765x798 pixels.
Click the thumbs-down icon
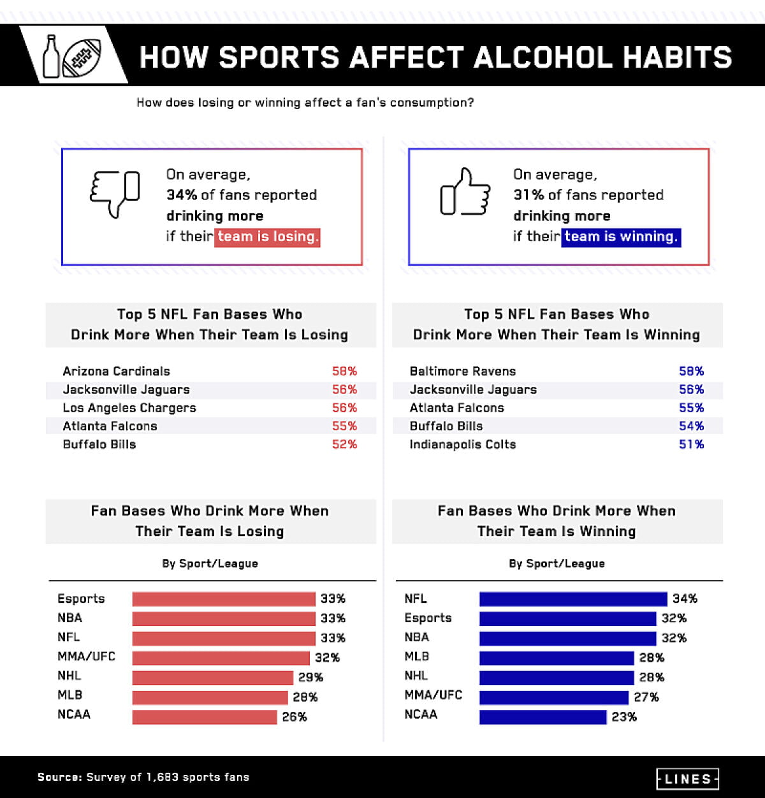click(x=115, y=193)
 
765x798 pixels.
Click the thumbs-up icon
click(x=465, y=192)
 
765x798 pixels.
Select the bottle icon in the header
click(x=50, y=56)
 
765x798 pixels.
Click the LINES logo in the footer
click(x=687, y=778)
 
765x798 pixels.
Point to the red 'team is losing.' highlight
click(x=267, y=236)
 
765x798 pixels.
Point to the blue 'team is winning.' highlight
click(x=621, y=236)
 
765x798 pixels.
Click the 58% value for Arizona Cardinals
click(x=344, y=371)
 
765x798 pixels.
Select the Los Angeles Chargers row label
click(x=129, y=408)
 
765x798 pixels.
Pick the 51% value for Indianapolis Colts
click(x=691, y=444)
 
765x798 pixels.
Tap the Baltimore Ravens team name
click(x=463, y=371)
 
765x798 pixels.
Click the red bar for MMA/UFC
click(x=221, y=658)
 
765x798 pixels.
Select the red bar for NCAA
click(x=205, y=717)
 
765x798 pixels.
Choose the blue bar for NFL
click(x=573, y=599)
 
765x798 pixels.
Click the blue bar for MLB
click(x=557, y=658)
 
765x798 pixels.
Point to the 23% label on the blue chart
click(x=624, y=717)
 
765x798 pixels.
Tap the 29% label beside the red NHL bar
click(x=311, y=678)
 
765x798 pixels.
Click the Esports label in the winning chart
click(x=428, y=618)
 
